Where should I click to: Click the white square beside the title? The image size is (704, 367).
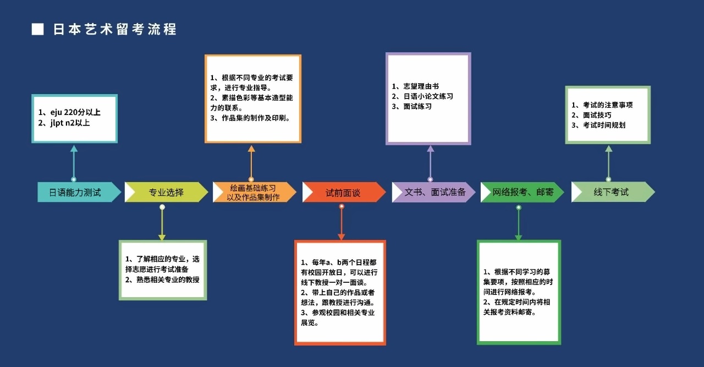tap(38, 29)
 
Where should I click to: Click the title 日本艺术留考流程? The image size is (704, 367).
tap(115, 29)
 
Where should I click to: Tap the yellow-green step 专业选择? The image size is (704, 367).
tap(166, 192)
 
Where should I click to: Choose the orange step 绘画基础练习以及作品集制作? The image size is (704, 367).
tap(254, 192)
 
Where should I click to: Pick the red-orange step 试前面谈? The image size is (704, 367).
tap(344, 192)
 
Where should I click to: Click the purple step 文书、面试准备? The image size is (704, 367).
tap(434, 192)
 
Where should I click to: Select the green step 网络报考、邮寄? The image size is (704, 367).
tap(522, 192)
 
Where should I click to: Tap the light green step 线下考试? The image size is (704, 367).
tap(613, 192)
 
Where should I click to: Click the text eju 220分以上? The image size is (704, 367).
tap(75, 112)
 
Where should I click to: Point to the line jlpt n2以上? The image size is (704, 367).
tap(70, 123)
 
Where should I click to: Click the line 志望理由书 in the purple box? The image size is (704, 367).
tap(421, 86)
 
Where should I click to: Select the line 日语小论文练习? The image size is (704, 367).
tap(428, 96)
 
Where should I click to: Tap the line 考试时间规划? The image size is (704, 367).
tap(604, 125)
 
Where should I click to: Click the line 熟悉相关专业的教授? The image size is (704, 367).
tap(168, 280)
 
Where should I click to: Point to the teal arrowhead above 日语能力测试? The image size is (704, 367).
tap(74, 149)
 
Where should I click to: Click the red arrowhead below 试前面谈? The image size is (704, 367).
tap(342, 237)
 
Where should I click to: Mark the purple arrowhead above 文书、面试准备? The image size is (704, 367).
tap(431, 149)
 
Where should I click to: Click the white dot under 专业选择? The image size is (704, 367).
tap(162, 207)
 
